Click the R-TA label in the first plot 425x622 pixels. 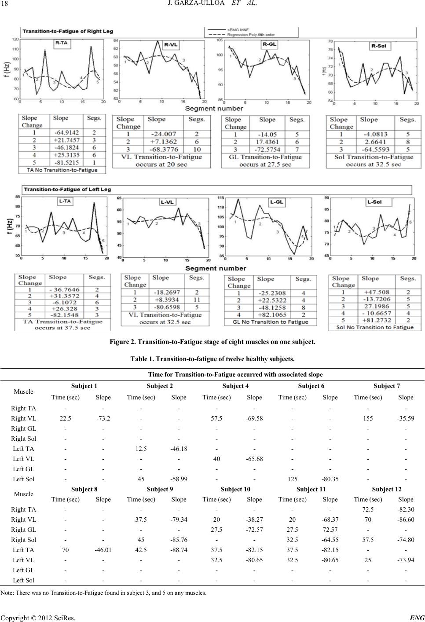point(61,44)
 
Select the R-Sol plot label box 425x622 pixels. point(381,46)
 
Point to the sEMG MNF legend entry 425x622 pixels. point(238,29)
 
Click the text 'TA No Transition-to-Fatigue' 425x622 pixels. point(62,170)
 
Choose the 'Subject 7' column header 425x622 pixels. point(387,386)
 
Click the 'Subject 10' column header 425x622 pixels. point(235,489)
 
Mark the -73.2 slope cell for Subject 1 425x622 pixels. point(103,418)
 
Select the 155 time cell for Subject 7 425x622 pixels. point(368,418)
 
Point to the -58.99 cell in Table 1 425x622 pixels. point(179,479)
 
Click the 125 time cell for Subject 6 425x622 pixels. point(292,479)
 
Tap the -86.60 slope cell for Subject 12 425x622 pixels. point(405,520)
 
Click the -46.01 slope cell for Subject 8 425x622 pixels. point(103,550)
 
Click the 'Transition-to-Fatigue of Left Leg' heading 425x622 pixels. point(67,190)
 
